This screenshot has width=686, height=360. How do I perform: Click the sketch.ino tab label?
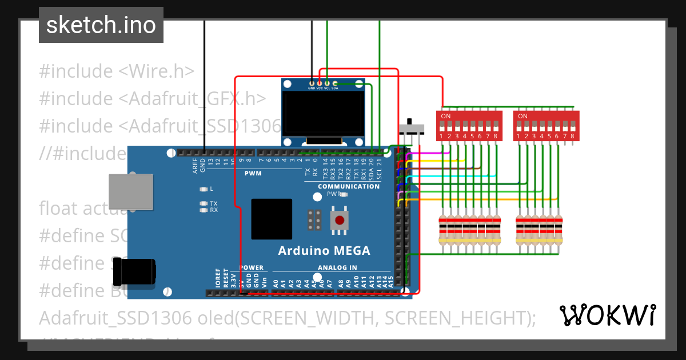point(101,25)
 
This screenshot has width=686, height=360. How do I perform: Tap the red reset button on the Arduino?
point(340,220)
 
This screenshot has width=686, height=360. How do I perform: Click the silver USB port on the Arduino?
point(131,191)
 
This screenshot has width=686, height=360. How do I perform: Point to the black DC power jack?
point(135,272)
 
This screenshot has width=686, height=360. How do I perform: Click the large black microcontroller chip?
point(272,219)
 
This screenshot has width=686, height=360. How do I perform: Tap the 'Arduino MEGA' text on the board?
point(324,250)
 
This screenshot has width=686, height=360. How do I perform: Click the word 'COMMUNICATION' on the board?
point(349,186)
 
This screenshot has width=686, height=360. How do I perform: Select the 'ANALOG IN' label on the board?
point(337,267)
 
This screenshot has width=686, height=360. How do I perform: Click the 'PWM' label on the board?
point(253,173)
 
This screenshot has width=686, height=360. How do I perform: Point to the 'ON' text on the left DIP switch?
point(446,117)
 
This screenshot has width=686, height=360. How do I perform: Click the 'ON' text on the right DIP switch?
point(523,117)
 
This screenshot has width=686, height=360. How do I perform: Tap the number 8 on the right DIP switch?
point(572,136)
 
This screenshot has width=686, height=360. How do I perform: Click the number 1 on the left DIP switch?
point(442,136)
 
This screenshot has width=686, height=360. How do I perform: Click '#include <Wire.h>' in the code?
point(117,71)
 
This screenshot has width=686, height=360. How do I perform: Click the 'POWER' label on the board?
point(252,267)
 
